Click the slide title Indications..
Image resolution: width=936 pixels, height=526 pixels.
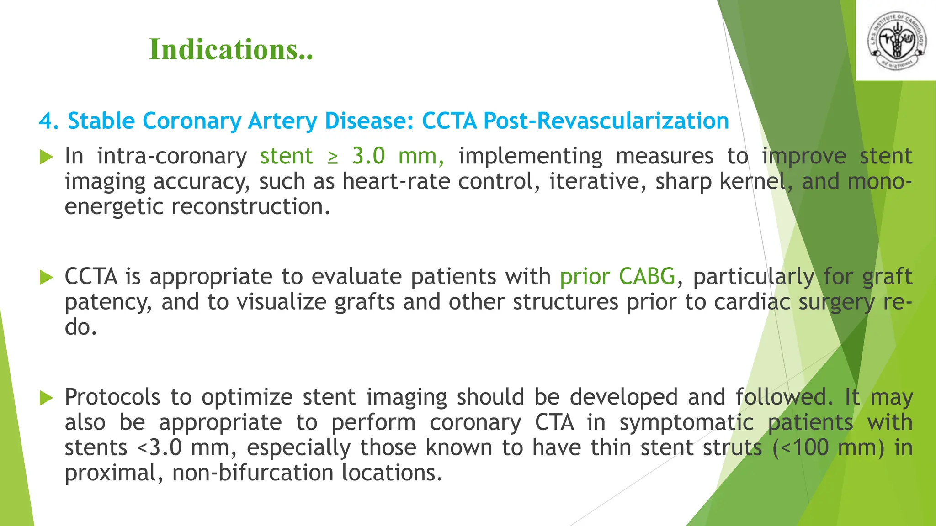[231, 49]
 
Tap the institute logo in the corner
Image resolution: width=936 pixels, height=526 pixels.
[897, 40]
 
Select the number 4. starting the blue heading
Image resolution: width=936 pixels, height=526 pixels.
[48, 121]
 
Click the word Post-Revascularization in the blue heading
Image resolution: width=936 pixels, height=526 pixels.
[606, 121]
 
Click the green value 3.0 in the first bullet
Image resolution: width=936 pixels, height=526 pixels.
[368, 156]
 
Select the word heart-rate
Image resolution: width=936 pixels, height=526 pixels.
[396, 182]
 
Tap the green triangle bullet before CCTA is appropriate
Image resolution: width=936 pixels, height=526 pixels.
[46, 277]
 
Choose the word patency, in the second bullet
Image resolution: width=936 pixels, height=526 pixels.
[108, 302]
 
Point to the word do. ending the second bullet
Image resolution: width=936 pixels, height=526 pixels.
[81, 327]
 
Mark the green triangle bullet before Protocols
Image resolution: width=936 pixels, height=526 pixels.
[46, 398]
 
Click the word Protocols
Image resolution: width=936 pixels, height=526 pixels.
[112, 397]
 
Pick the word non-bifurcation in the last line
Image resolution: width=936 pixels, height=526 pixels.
[252, 473]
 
